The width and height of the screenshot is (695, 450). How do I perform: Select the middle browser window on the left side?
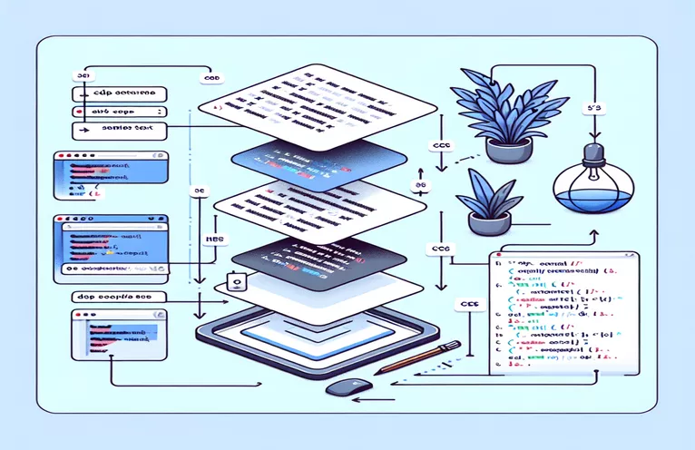tap(104, 246)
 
